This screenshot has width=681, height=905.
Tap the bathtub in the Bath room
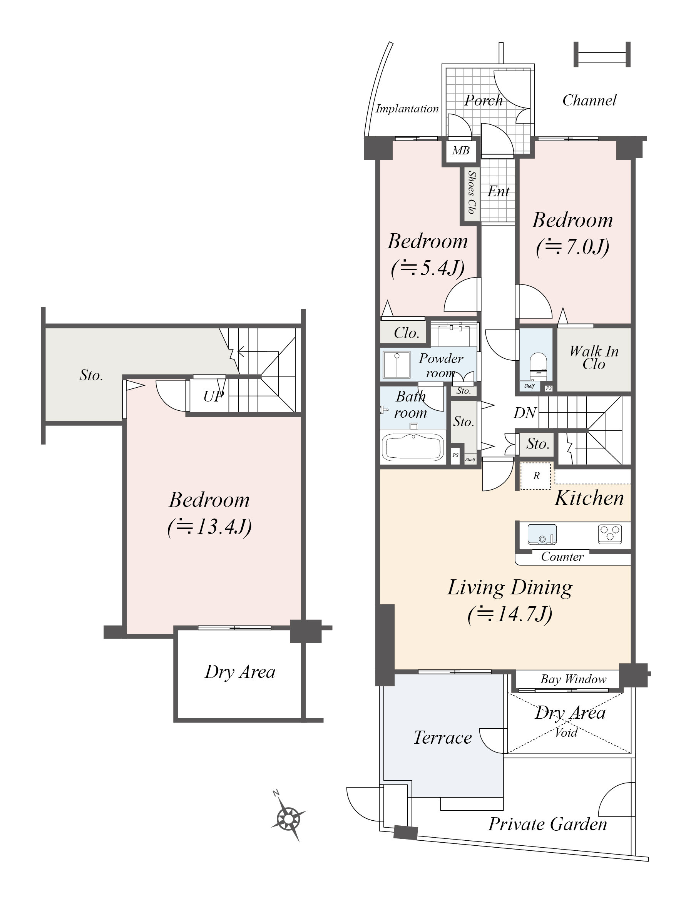(413, 447)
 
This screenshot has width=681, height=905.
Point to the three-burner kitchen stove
(610, 534)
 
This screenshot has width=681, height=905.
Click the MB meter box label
(460, 151)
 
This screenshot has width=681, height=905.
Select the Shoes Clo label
(472, 193)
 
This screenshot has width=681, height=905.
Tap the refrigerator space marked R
(536, 476)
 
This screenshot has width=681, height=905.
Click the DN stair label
(525, 413)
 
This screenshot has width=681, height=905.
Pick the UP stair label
(214, 396)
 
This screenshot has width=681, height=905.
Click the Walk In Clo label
(593, 358)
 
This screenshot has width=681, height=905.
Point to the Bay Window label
(573, 679)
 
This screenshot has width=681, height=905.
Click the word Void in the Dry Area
(566, 732)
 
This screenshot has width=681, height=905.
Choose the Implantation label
(407, 109)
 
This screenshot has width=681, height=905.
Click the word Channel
(589, 100)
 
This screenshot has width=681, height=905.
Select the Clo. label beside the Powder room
(407, 333)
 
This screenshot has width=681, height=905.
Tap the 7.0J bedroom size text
(572, 247)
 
